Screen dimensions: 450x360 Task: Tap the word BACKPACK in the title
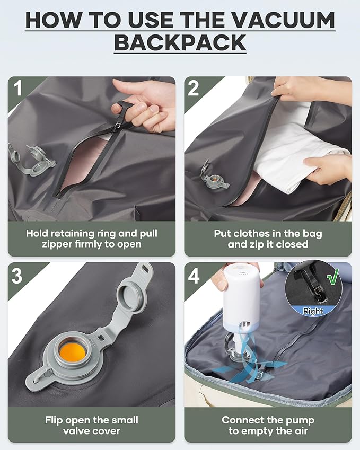[180, 43]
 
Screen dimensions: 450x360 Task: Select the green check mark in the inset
[332, 278]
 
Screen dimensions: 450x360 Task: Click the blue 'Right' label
[313, 312]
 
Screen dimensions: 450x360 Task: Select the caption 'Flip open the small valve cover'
[91, 425]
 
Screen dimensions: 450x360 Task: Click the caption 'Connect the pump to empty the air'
[268, 425]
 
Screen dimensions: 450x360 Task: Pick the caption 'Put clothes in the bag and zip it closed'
[268, 239]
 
